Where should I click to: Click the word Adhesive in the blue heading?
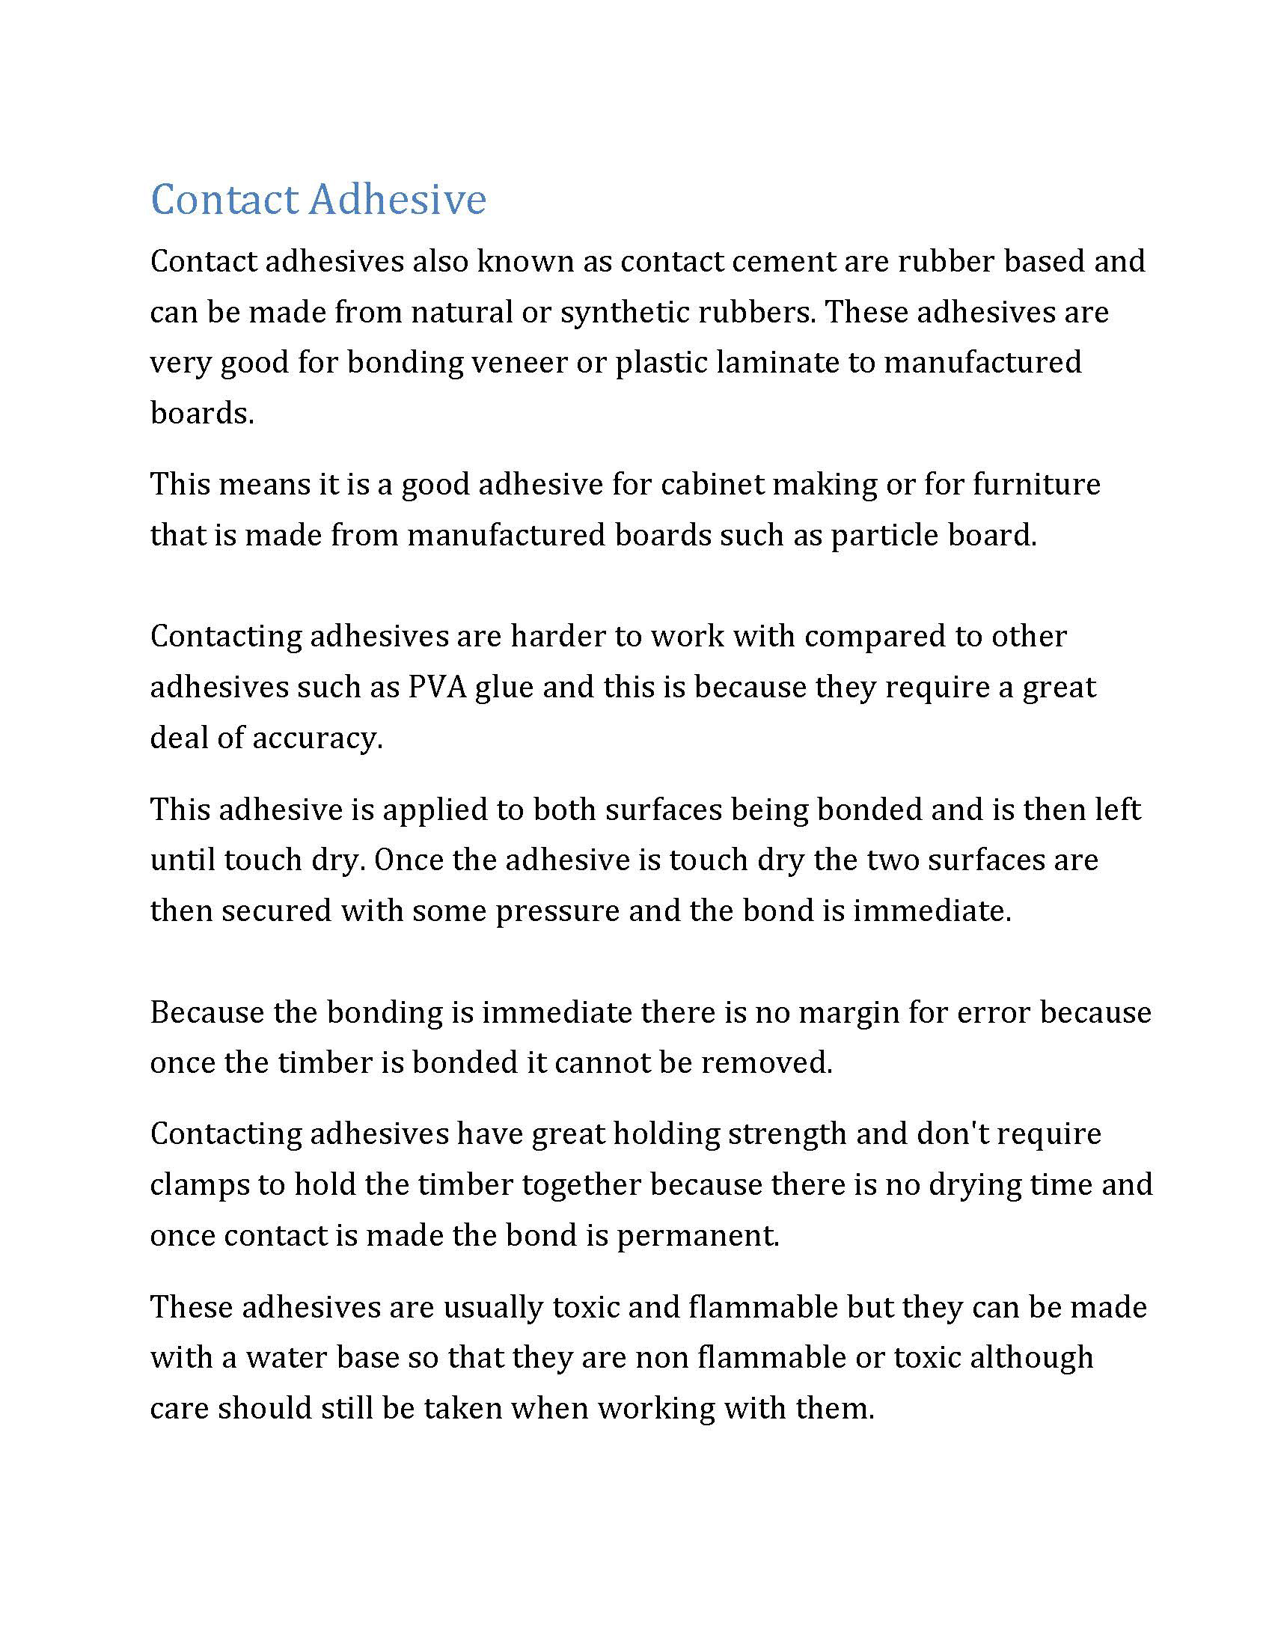[397, 199]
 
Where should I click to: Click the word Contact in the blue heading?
[224, 199]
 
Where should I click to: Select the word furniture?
[1036, 484]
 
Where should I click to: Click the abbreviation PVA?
[436, 688]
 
